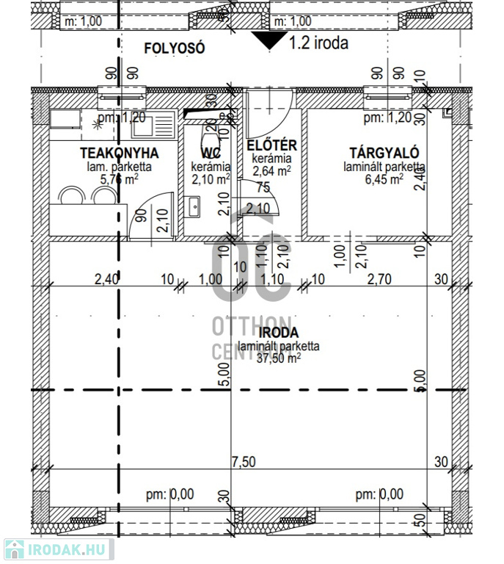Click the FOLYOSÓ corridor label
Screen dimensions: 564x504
tap(174, 49)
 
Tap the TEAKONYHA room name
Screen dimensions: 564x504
tap(119, 153)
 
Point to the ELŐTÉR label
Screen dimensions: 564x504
tap(271, 145)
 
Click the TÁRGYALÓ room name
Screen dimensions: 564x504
tap(384, 153)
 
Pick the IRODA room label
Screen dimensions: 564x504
tap(273, 333)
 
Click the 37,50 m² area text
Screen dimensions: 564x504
tap(274, 358)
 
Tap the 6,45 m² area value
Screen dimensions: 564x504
tap(383, 178)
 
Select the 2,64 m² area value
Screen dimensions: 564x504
tap(271, 171)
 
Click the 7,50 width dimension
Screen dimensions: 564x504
tap(244, 461)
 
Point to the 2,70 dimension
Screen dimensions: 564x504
tap(381, 279)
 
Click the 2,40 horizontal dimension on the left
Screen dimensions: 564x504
tap(106, 279)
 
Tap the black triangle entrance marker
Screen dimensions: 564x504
tap(268, 40)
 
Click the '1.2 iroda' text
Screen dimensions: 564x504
tap(319, 43)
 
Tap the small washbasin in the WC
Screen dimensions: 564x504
tap(193, 207)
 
